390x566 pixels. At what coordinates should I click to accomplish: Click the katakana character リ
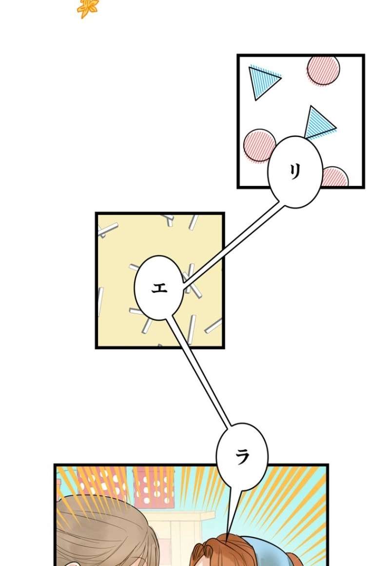[295, 171]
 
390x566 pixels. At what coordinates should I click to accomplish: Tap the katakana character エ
[159, 288]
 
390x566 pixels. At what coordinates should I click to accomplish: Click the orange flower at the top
[88, 8]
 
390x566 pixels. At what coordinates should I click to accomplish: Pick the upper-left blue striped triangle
[262, 81]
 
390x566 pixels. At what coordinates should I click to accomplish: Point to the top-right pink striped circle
[324, 70]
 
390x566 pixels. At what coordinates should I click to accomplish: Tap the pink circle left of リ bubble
[258, 145]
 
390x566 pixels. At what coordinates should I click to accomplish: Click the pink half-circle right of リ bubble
[335, 177]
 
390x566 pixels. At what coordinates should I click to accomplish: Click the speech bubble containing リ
[295, 172]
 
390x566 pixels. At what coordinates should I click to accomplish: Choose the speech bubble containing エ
[159, 288]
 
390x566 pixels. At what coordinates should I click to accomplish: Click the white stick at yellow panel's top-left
[108, 229]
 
